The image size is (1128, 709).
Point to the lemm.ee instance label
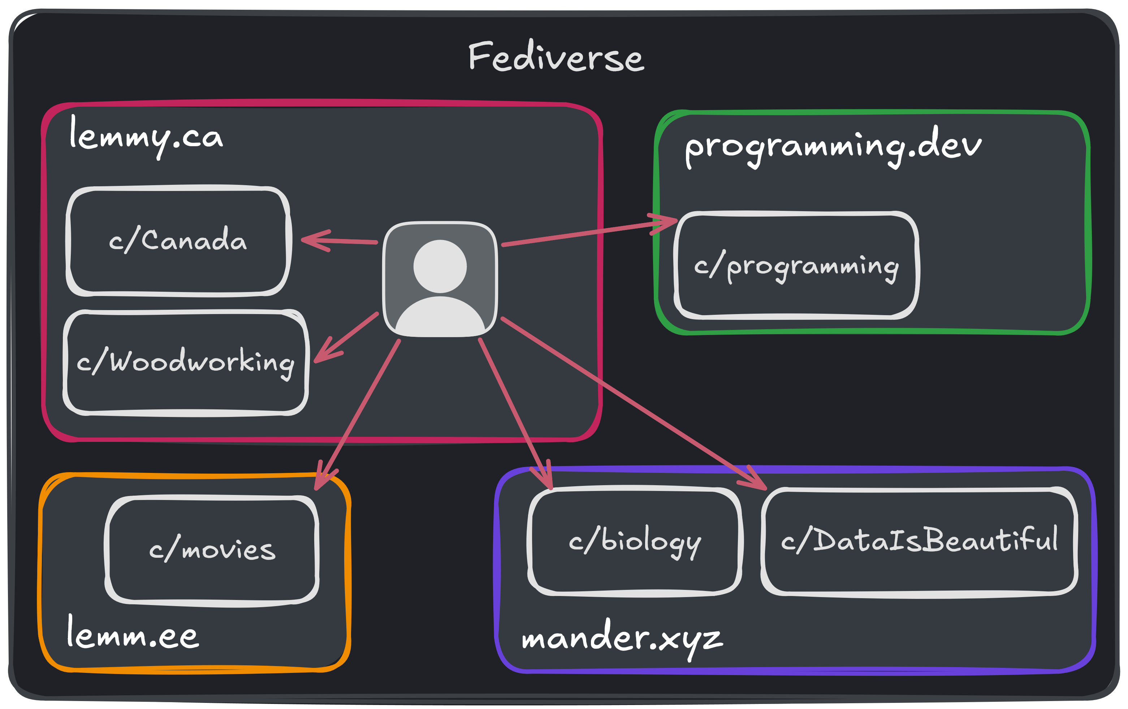click(x=133, y=635)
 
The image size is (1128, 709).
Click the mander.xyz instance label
click(x=622, y=638)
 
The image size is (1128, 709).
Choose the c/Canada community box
click(x=178, y=241)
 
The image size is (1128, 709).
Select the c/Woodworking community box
click(x=186, y=362)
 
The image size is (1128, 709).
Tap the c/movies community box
click(x=212, y=550)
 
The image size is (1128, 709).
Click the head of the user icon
click(x=440, y=266)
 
